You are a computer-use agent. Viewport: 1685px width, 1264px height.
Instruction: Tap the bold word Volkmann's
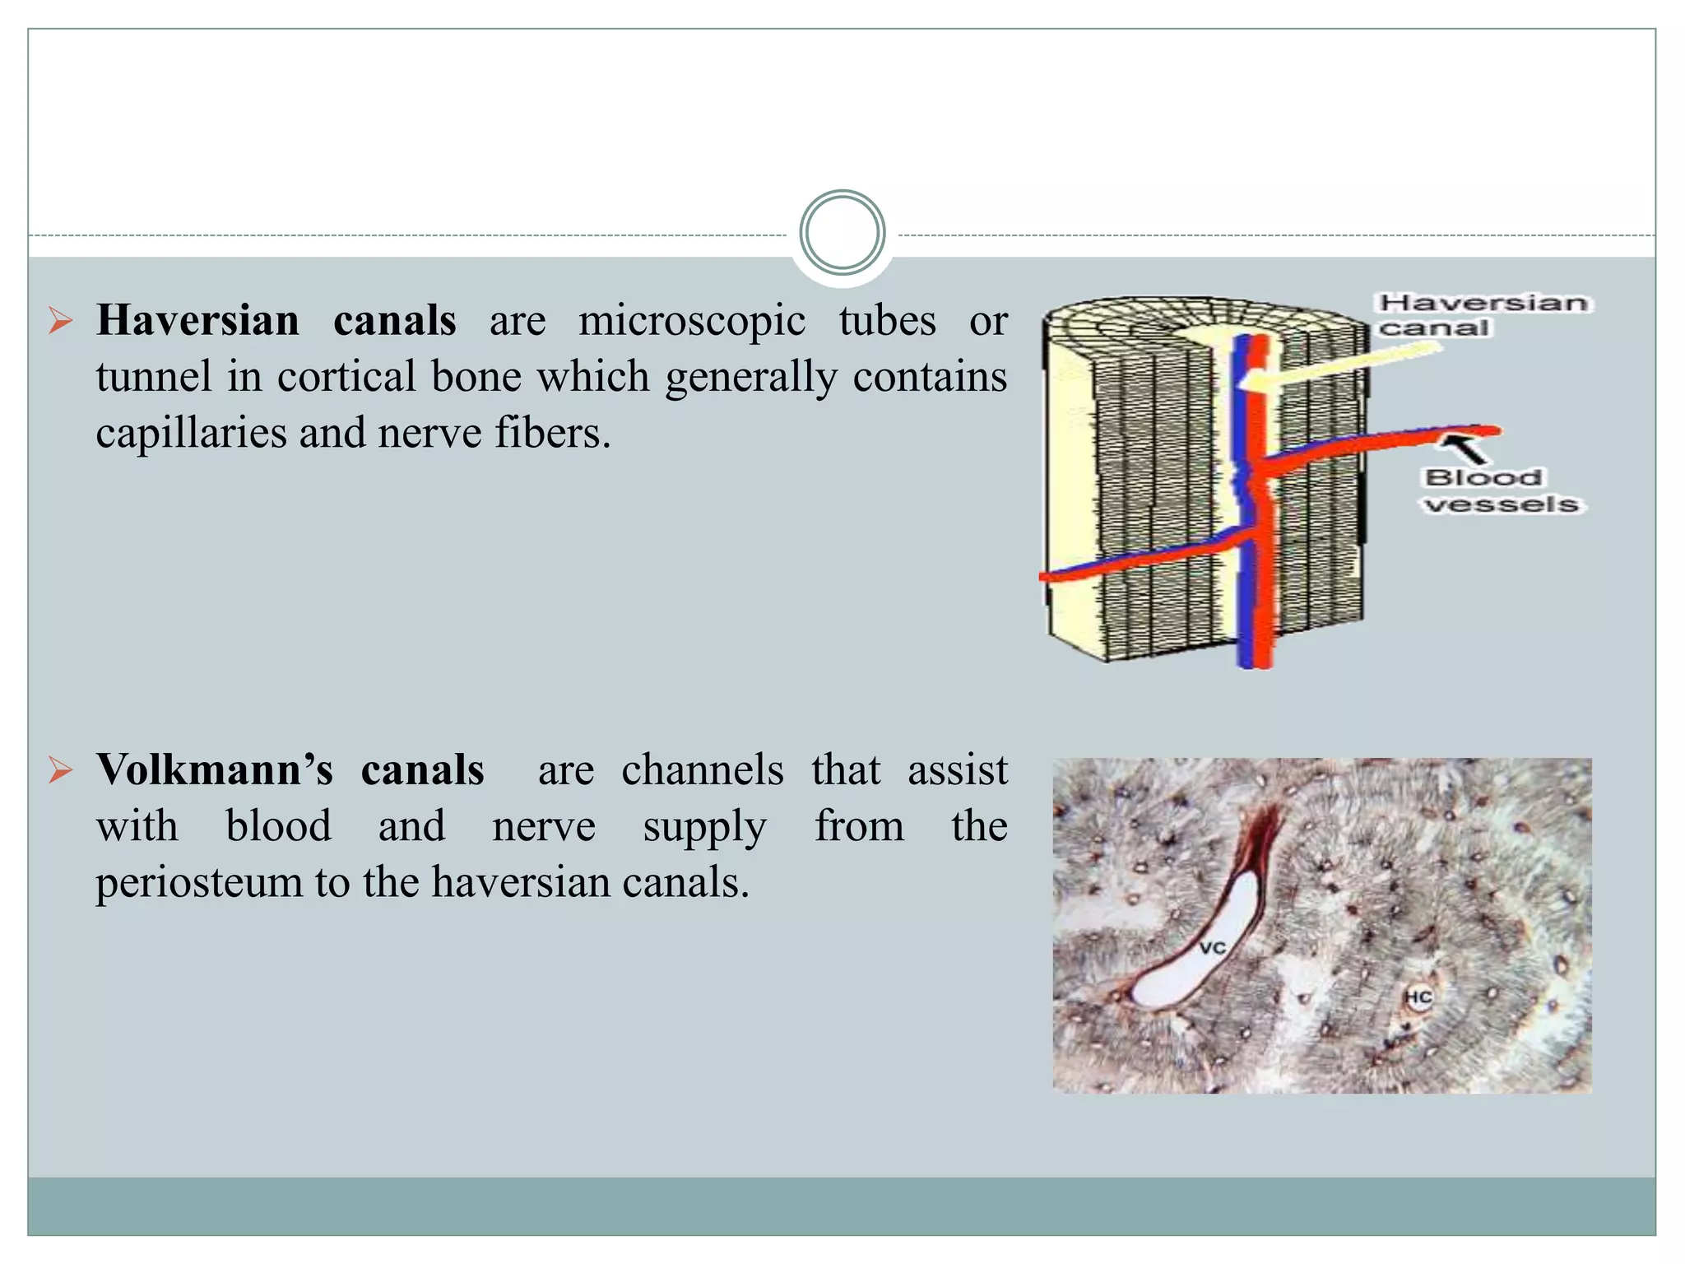[215, 769]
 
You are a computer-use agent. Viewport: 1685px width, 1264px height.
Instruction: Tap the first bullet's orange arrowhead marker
[60, 320]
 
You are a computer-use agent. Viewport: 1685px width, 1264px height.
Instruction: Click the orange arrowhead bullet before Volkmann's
[60, 770]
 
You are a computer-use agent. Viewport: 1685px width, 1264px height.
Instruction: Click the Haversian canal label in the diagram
[1483, 315]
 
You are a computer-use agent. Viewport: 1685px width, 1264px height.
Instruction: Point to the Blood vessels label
[1502, 490]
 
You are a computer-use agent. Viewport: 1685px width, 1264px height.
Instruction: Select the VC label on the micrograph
[1212, 948]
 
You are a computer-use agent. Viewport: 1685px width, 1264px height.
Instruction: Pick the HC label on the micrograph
[1418, 998]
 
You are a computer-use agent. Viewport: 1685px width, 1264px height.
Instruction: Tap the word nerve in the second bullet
[544, 825]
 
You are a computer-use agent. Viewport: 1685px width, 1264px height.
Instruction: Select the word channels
[702, 769]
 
